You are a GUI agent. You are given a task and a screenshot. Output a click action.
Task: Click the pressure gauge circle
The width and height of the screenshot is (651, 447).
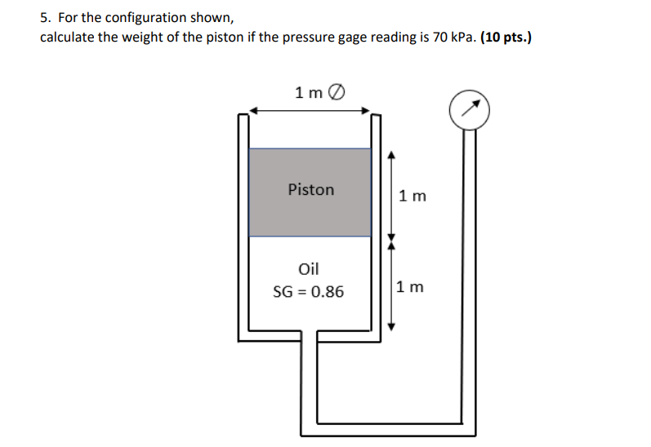tap(470, 109)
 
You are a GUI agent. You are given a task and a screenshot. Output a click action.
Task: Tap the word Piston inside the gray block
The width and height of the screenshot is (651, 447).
tap(311, 190)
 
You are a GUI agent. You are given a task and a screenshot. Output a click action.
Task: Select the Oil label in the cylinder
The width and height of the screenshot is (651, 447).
tap(310, 268)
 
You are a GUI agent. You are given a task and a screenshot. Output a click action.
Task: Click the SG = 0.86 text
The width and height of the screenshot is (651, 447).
tap(309, 291)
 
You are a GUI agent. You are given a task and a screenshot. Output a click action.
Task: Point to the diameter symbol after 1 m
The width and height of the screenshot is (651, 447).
tap(336, 92)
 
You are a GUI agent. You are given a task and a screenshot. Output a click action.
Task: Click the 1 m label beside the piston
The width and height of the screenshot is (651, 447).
tap(412, 197)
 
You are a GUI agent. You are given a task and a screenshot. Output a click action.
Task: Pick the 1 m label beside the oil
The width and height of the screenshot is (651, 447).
tap(411, 287)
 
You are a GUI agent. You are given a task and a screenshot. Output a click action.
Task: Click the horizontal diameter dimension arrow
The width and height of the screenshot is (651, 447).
tap(310, 112)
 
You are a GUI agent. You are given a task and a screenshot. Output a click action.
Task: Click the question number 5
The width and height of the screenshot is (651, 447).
tap(46, 18)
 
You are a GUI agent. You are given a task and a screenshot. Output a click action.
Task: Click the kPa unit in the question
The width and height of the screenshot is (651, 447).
tap(463, 38)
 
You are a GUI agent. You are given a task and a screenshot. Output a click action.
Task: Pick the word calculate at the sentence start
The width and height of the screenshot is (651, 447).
tap(67, 38)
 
